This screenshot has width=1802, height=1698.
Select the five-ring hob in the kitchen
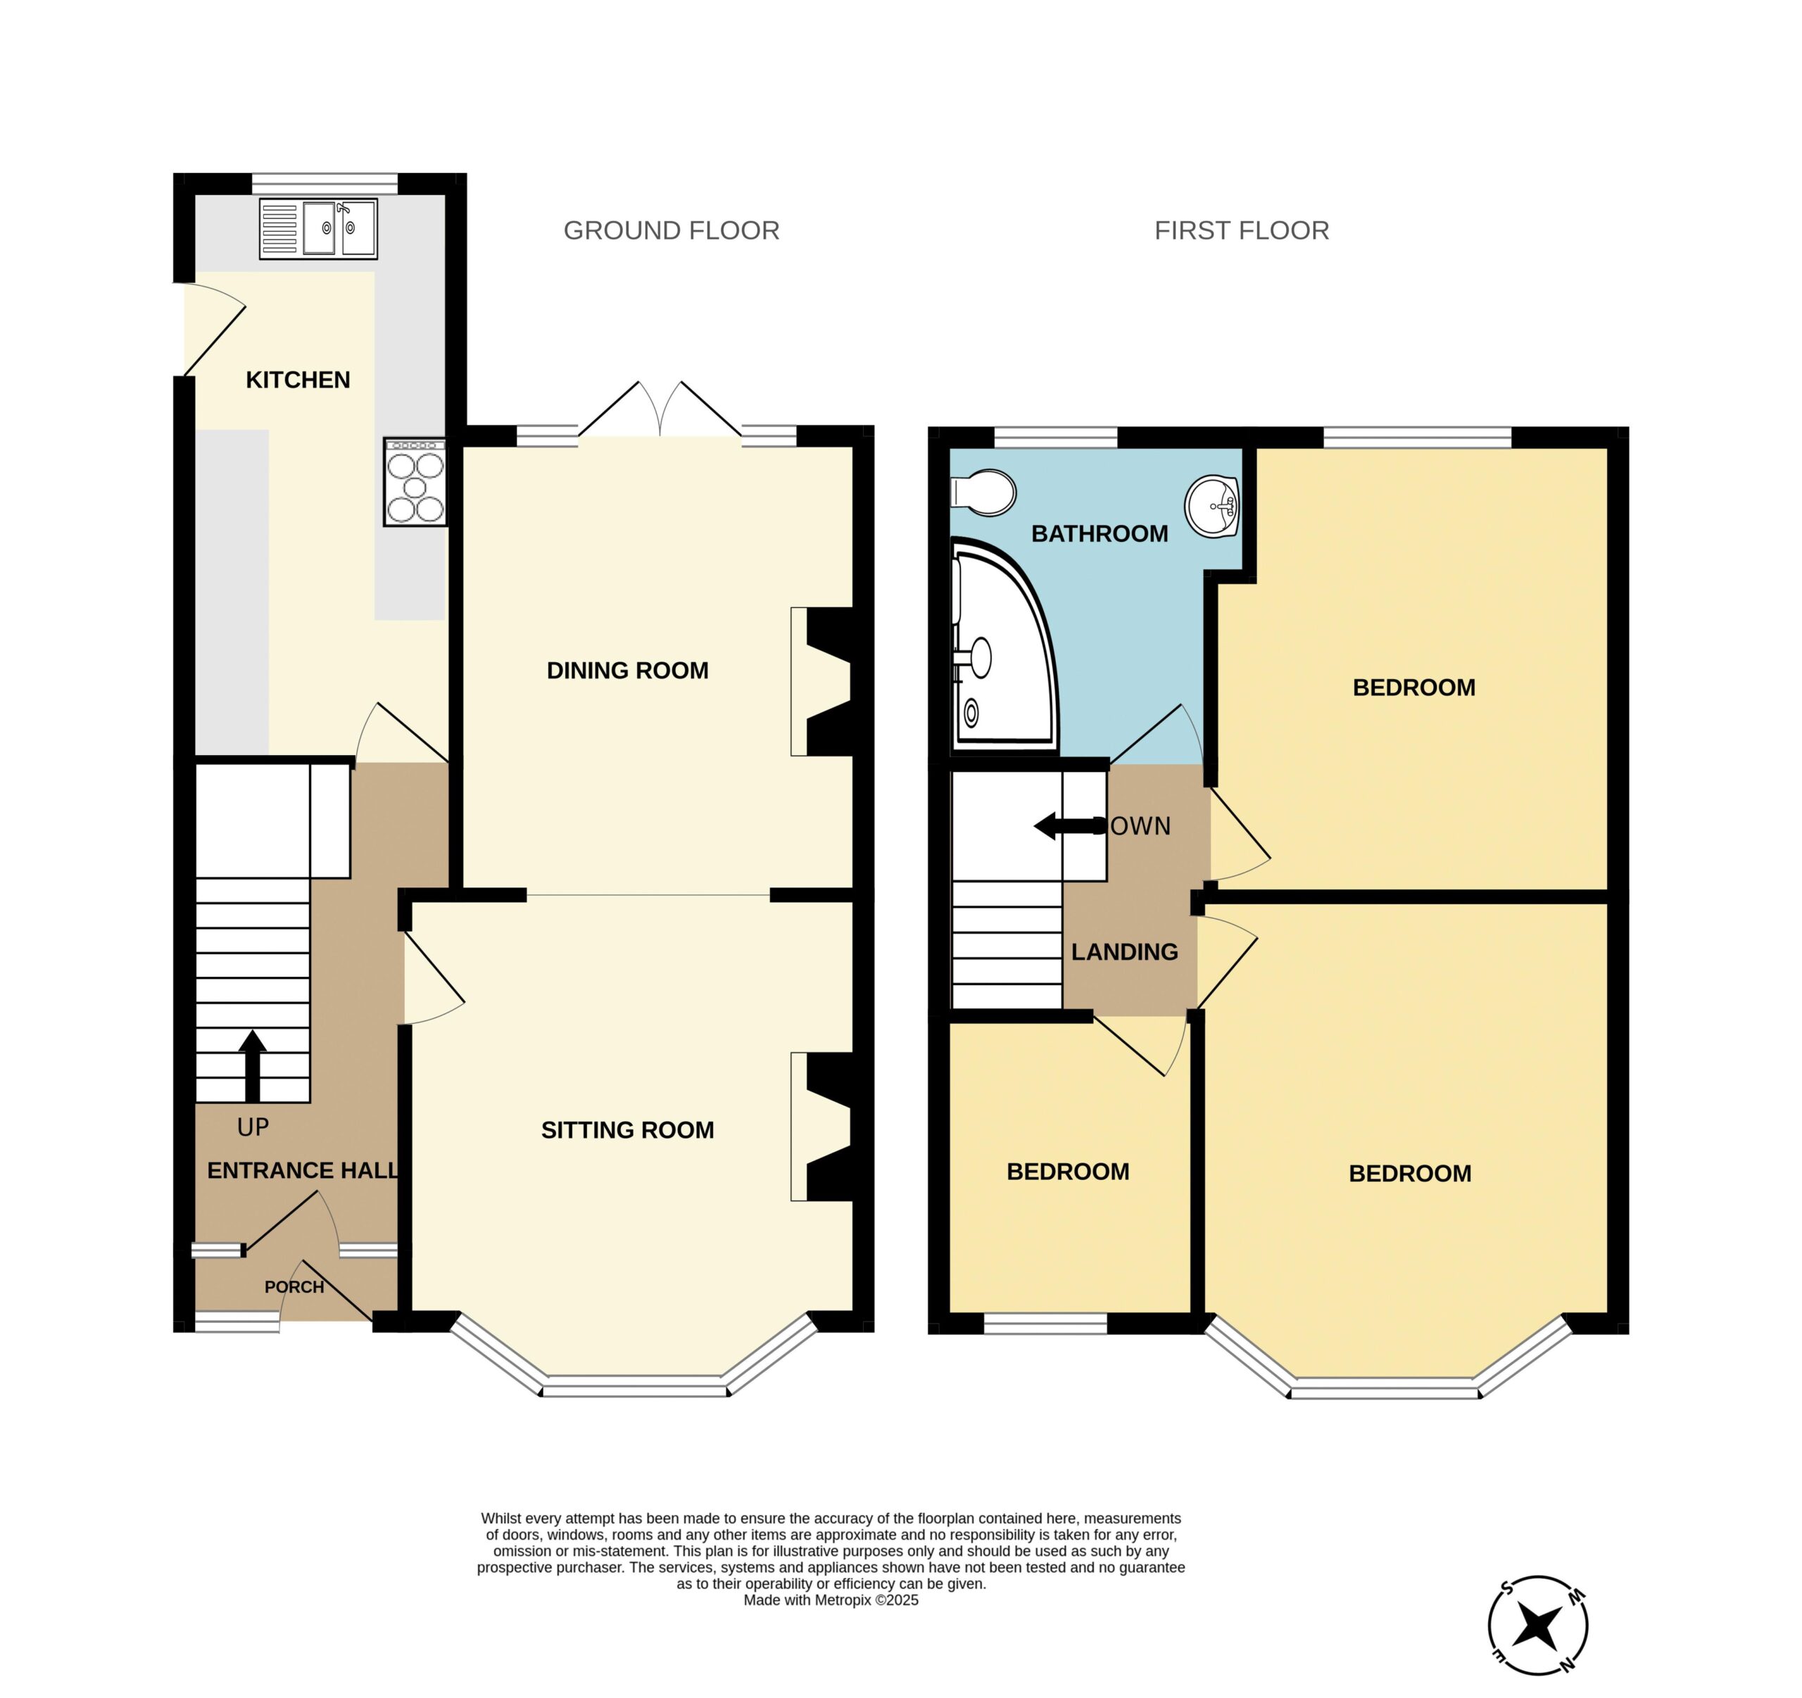tap(415, 482)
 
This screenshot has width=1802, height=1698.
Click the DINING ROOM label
tap(627, 671)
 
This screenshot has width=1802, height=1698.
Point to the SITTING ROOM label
tap(627, 1130)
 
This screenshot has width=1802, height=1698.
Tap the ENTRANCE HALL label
tap(303, 1171)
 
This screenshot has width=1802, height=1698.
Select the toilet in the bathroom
tap(983, 493)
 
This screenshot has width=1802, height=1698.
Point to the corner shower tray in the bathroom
tap(1004, 645)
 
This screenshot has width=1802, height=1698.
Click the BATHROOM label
tap(1100, 533)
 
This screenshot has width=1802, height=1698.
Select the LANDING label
tap(1125, 951)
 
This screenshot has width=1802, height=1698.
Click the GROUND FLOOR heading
tap(672, 231)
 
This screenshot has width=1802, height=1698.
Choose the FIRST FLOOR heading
tap(1242, 231)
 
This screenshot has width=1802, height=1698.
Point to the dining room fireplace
tap(823, 681)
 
